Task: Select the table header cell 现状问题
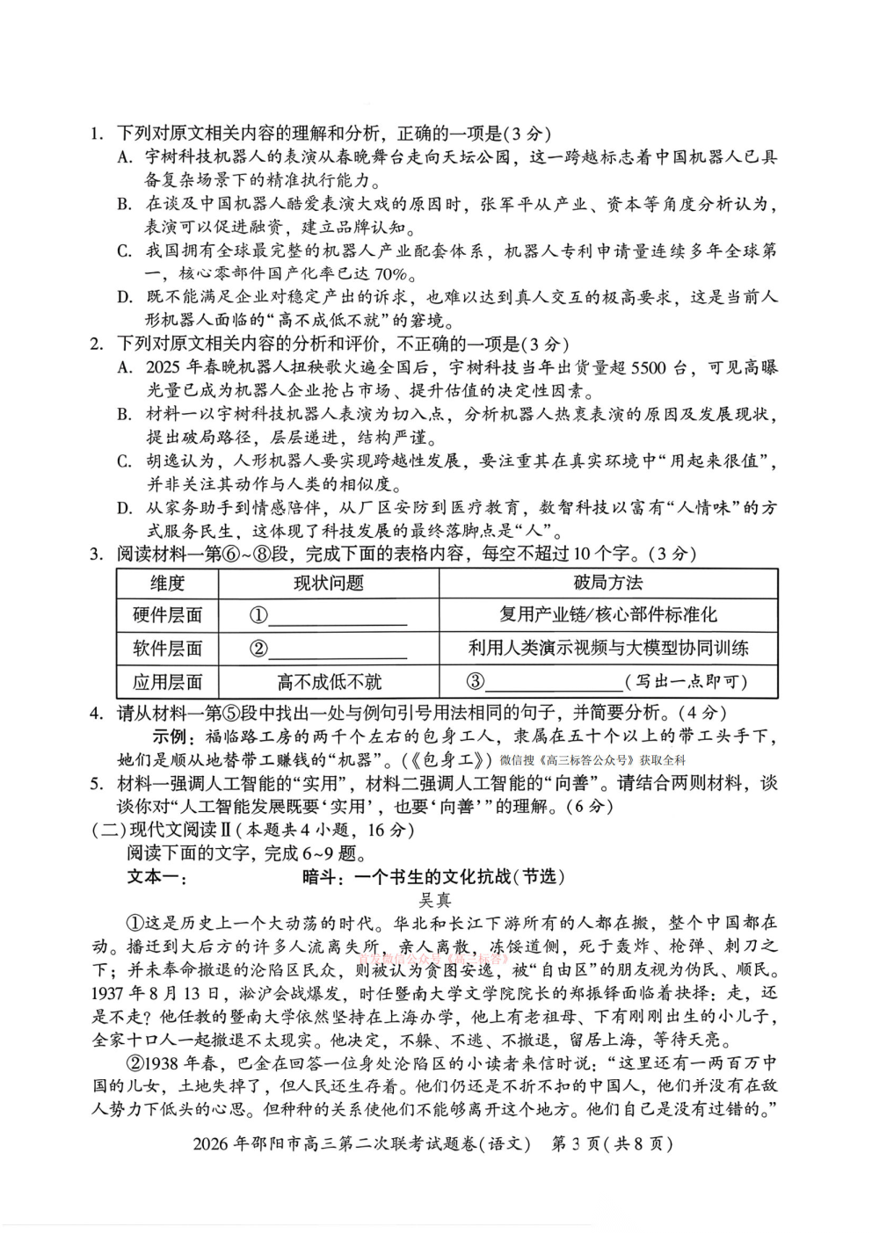tap(328, 583)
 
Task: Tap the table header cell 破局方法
tap(607, 583)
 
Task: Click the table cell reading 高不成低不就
tap(329, 682)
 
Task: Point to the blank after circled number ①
tap(338, 617)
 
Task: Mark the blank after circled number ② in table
tap(338, 650)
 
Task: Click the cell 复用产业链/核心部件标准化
tap(607, 615)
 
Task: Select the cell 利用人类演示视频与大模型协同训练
tap(607, 649)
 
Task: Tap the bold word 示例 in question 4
tap(171, 736)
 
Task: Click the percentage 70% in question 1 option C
tap(388, 274)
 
